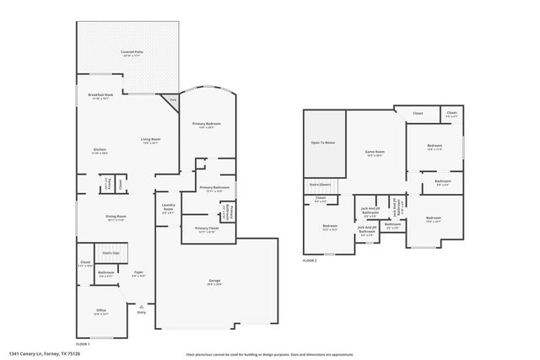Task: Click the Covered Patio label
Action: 129,53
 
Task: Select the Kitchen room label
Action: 100,150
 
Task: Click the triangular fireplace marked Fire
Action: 173,100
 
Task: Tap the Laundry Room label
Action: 168,209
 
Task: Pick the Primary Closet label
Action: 208,228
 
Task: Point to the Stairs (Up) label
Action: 111,252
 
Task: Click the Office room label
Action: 100,309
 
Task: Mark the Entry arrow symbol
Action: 141,306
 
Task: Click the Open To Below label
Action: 323,142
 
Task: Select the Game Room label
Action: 374,152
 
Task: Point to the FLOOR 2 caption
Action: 310,261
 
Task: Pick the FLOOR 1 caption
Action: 83,344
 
